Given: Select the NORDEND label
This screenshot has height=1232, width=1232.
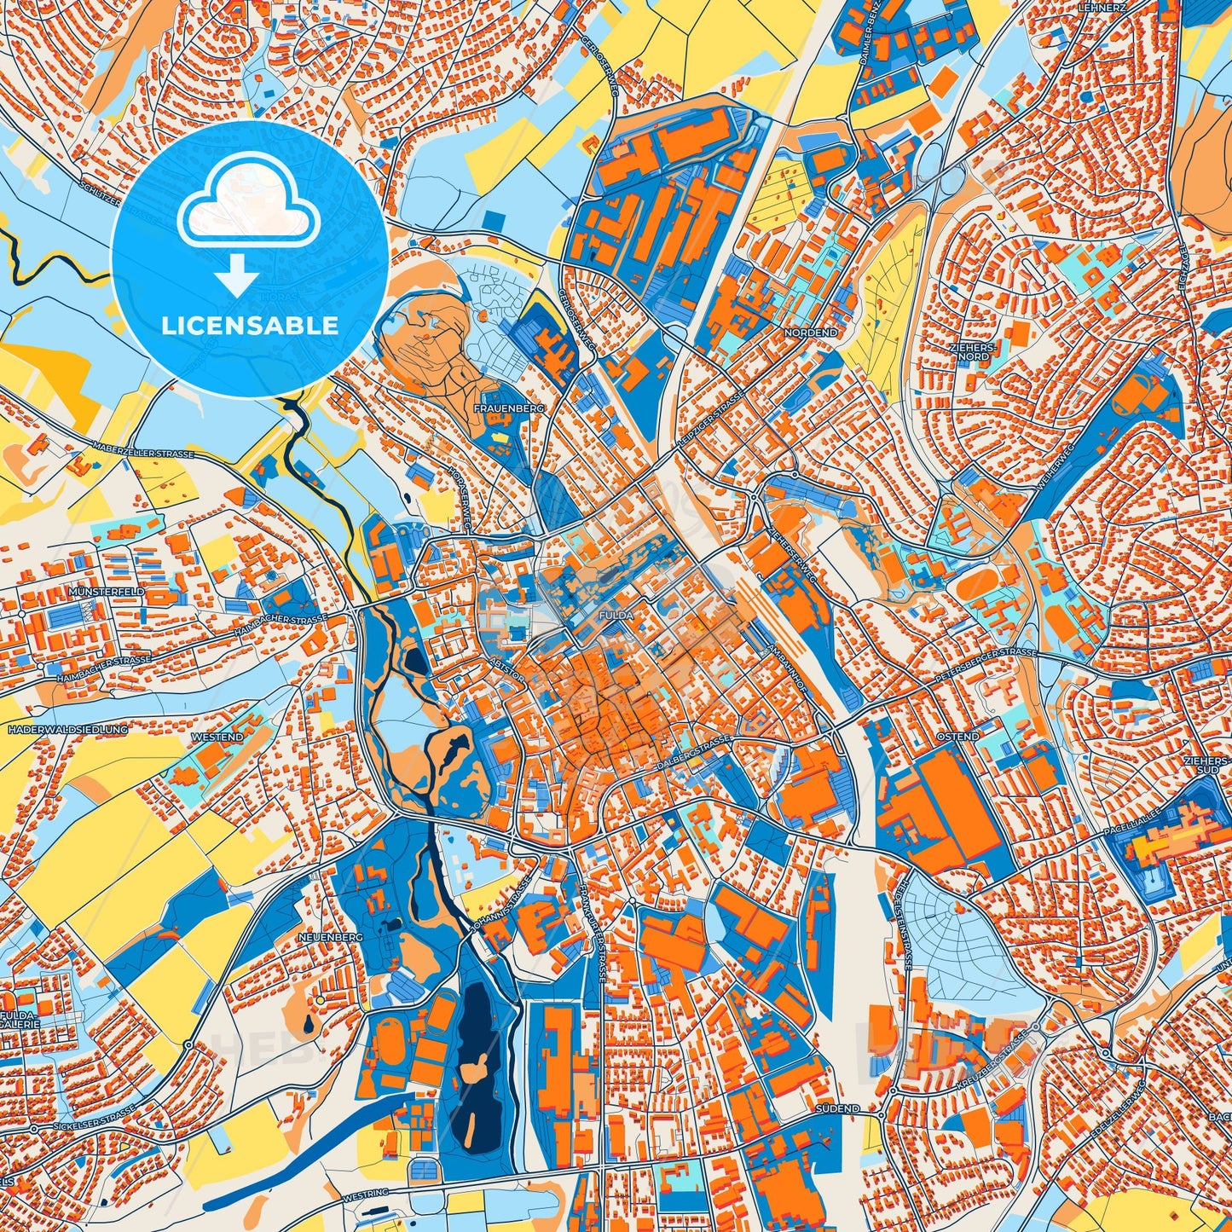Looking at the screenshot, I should tap(810, 333).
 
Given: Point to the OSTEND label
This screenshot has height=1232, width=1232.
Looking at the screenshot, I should tap(957, 736).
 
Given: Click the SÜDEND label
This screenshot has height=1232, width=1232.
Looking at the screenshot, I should tap(836, 1109).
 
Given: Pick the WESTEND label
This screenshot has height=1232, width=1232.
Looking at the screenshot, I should tap(217, 737).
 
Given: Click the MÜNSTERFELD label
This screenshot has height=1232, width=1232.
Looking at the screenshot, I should tap(108, 591).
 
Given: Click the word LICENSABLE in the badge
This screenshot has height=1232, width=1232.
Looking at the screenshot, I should tap(250, 326).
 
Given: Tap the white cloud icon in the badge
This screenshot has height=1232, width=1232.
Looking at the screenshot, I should tap(250, 207).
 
